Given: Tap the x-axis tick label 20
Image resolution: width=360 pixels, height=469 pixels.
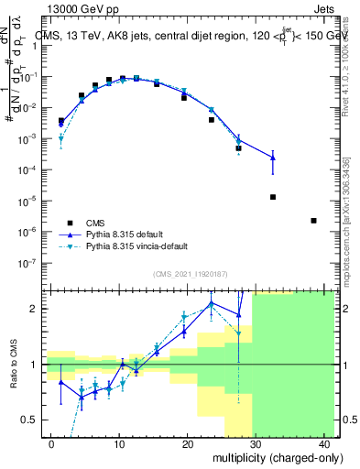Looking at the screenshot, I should click(187, 444).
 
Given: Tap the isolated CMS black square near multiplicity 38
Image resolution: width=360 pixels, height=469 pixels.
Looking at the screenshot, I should click(314, 221).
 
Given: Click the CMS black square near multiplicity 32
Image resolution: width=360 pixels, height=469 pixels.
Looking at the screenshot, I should click(273, 197).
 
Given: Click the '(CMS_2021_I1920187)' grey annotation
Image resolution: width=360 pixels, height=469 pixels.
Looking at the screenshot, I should click(190, 273).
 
